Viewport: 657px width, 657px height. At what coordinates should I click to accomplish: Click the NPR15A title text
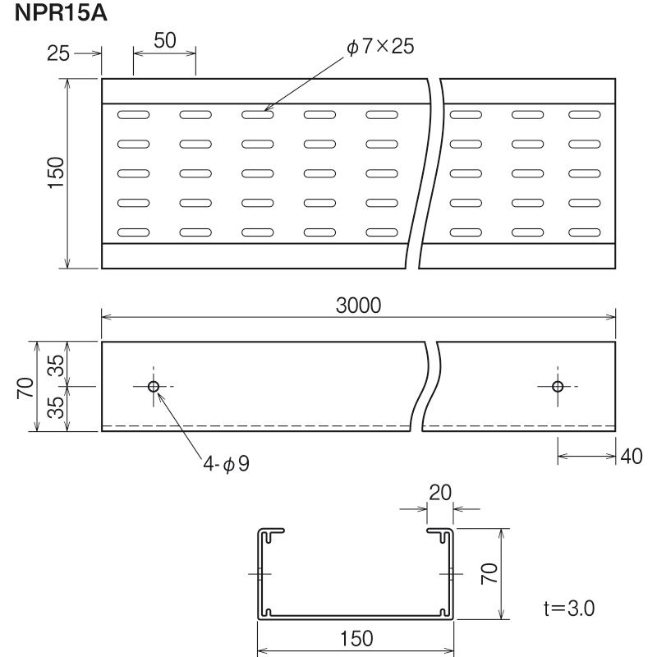coord(61,13)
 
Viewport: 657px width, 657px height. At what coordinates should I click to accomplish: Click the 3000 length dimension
coord(358,306)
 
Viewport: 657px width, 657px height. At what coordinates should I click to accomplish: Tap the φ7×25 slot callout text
coord(380,46)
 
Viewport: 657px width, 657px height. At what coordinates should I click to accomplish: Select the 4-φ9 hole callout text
coord(227,464)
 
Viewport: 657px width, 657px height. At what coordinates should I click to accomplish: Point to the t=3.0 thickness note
coord(569,609)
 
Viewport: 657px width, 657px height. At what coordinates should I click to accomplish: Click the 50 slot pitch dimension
coord(165,40)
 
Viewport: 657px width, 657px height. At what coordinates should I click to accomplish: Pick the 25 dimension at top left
coord(57,53)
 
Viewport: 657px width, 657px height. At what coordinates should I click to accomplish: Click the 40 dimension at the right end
coord(631,457)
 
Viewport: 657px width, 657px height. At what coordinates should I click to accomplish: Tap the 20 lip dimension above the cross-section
coord(440,493)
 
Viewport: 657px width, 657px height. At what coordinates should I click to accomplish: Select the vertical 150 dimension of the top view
coord(56,173)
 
